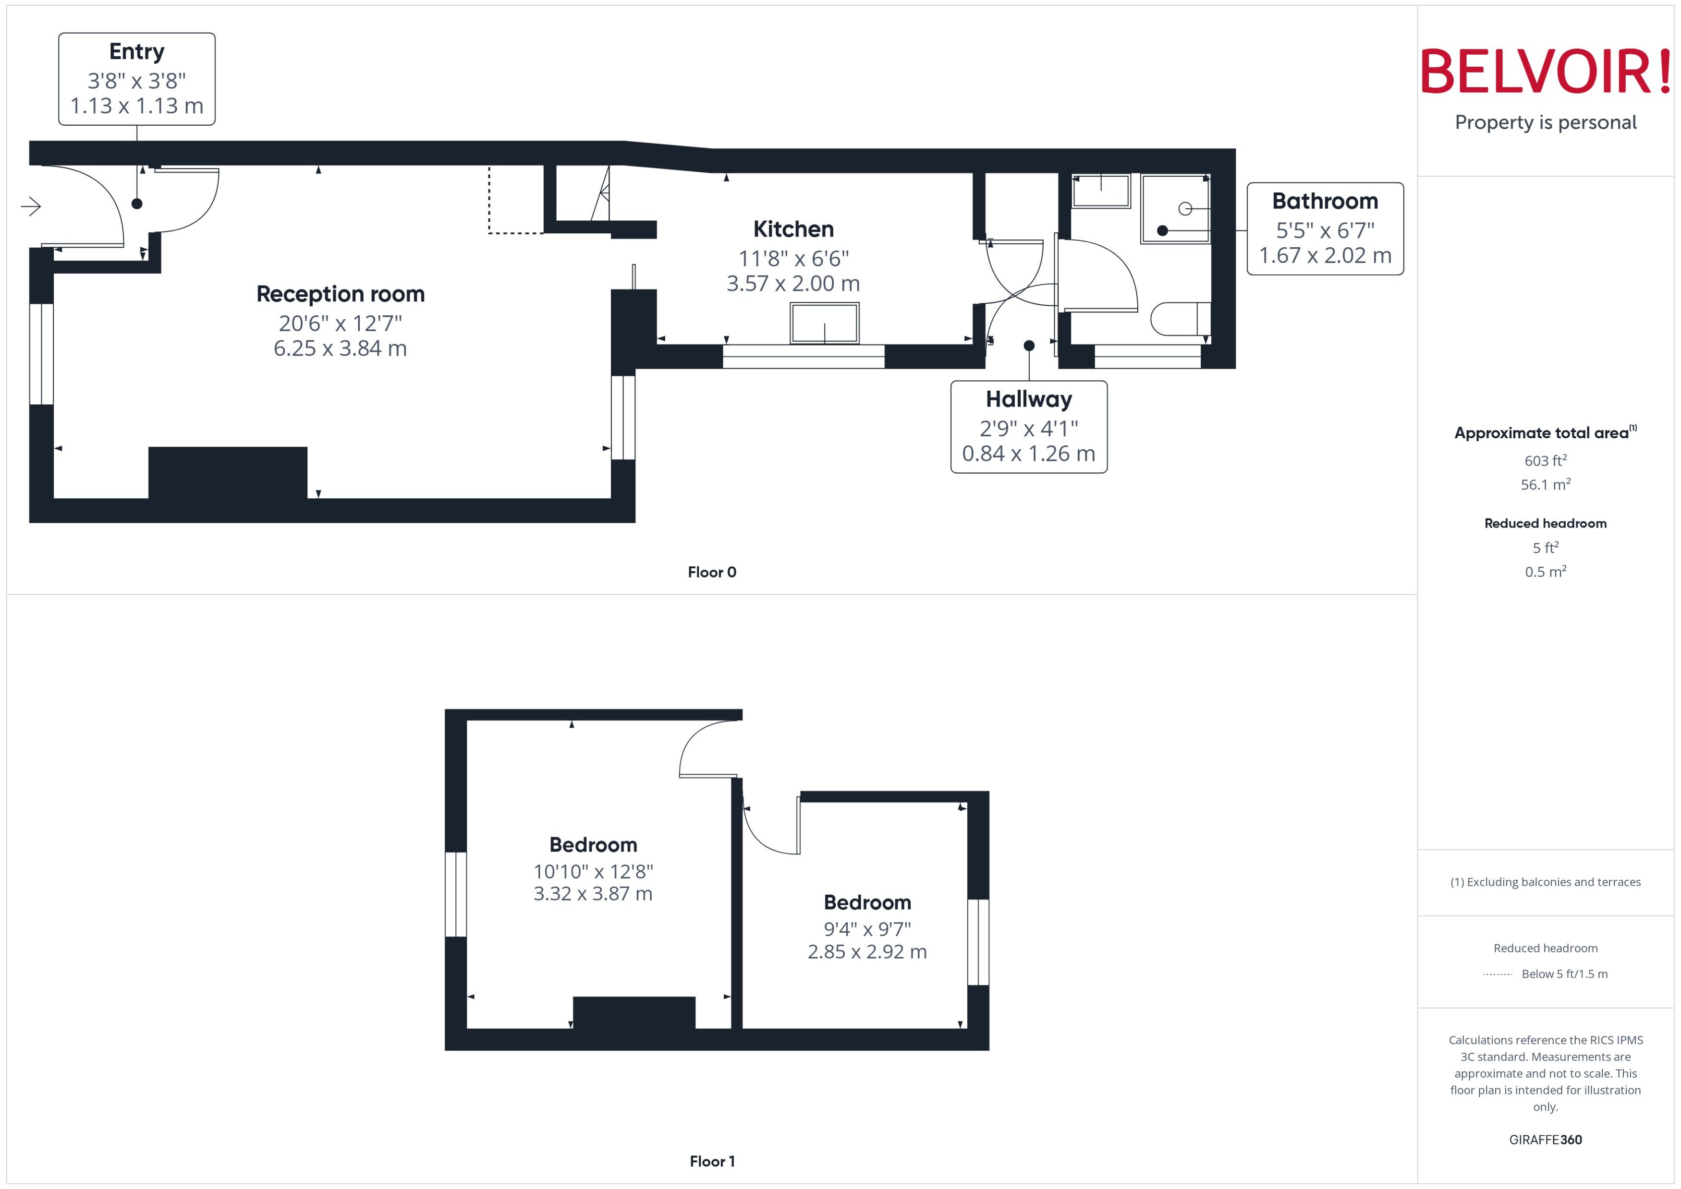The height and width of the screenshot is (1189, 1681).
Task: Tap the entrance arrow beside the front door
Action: [x=31, y=206]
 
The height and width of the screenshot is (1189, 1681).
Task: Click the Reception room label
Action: [x=340, y=294]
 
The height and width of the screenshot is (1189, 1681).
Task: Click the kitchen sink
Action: [x=824, y=323]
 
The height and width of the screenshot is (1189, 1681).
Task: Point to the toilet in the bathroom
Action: [x=1179, y=318]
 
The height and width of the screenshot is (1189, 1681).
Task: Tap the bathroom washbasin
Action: [x=1100, y=191]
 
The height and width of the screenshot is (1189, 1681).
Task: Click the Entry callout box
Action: [x=137, y=79]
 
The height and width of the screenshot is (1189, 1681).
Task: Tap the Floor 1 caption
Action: [x=711, y=1161]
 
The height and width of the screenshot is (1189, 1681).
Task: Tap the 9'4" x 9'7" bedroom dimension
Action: [x=867, y=929]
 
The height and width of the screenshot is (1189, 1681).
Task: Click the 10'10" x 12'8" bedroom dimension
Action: [x=593, y=871]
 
